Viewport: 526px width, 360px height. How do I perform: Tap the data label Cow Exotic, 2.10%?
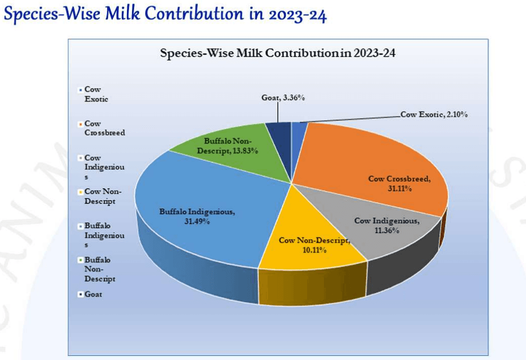(434, 115)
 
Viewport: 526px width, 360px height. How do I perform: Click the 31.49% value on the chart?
(197, 221)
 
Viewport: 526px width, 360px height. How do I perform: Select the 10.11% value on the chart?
(314, 250)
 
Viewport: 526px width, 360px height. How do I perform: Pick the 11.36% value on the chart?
(387, 231)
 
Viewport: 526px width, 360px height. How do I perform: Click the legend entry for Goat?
(93, 294)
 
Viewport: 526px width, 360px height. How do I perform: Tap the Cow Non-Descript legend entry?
(103, 196)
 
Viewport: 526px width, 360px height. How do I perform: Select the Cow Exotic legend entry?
(96, 94)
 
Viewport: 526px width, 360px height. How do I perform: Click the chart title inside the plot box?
(278, 52)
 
